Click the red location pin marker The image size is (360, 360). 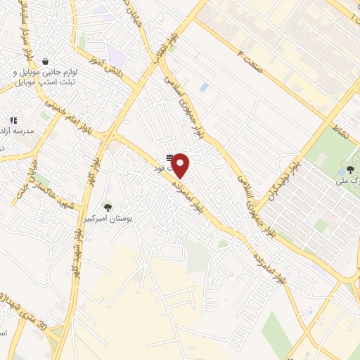click(x=181, y=165)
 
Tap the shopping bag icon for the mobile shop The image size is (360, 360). click(x=46, y=61)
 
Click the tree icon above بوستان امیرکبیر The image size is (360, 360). click(x=108, y=207)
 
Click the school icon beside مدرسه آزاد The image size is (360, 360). click(x=13, y=121)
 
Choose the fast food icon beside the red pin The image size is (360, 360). click(x=169, y=157)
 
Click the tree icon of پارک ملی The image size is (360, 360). click(x=349, y=169)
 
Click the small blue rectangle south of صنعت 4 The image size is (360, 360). click(x=204, y=86)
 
